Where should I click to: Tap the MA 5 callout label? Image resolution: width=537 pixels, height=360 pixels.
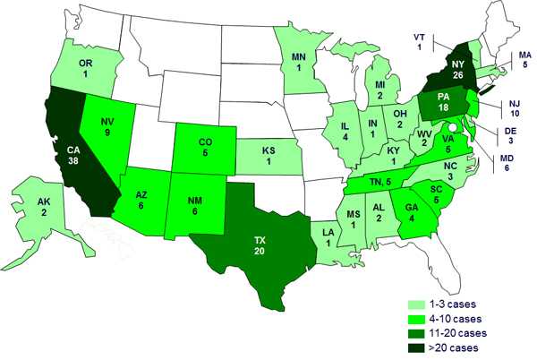click(519, 58)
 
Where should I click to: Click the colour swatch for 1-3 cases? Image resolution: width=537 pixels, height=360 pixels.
click(415, 304)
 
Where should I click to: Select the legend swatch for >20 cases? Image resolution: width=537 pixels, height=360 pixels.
click(415, 346)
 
